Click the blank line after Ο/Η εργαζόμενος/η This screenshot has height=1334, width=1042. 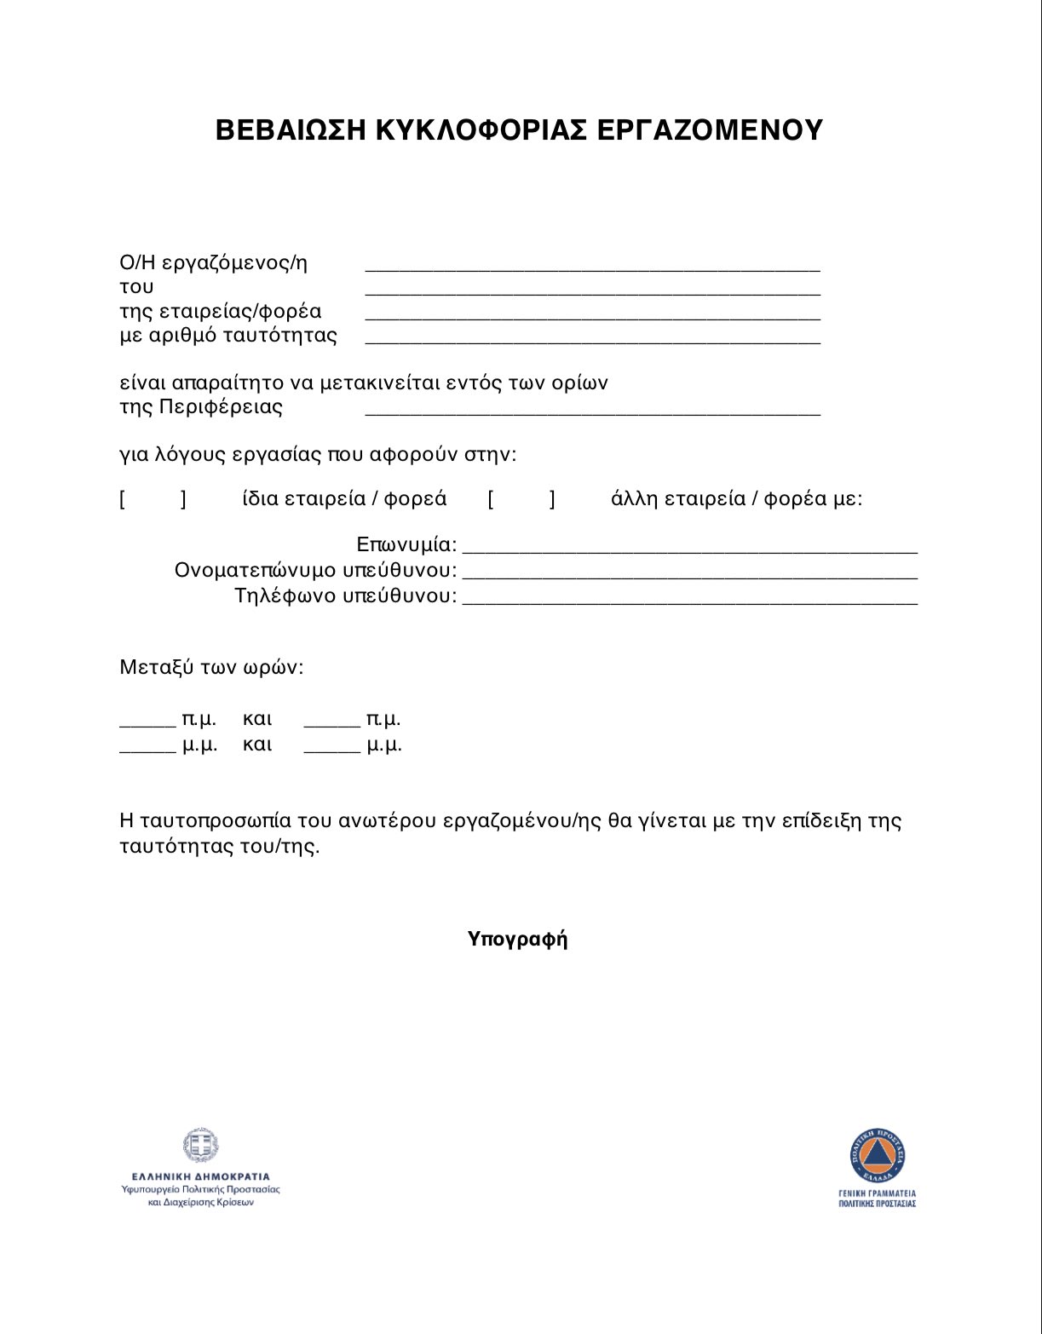592,266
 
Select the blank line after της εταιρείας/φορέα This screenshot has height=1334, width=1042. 592,314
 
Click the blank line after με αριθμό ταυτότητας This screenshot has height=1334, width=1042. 592,338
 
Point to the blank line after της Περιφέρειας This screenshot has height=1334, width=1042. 592,410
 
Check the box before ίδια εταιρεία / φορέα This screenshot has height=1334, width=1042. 153,499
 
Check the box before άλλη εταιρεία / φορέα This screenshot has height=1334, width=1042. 521,499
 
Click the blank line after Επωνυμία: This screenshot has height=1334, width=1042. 689,548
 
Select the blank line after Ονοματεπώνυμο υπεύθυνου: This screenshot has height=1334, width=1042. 689,573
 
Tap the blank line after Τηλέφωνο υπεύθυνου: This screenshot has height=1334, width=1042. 689,599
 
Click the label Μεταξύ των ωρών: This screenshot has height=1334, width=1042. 211,667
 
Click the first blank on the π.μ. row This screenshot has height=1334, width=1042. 147,722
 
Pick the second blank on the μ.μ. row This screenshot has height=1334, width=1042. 331,748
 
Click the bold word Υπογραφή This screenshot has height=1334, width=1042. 517,940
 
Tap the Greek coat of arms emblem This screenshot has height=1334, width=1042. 200,1146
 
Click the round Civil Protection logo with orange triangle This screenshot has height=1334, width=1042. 877,1156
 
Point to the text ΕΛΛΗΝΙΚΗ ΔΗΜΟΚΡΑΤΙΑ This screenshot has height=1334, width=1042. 200,1176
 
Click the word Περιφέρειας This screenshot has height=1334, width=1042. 221,407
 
